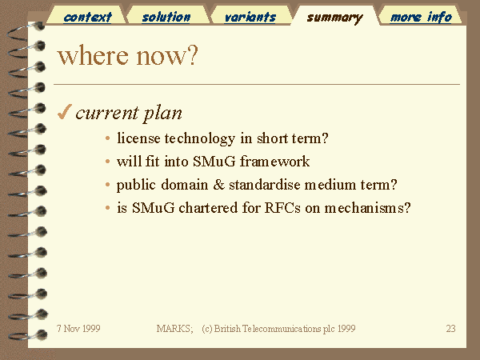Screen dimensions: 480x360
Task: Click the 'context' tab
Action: pyautogui.click(x=87, y=17)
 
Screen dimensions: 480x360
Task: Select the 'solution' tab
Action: pyautogui.click(x=166, y=17)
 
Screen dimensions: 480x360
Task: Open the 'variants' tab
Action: pyautogui.click(x=250, y=17)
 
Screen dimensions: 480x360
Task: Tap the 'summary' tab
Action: pyautogui.click(x=335, y=18)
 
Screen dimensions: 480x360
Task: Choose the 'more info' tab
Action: pyautogui.click(x=421, y=17)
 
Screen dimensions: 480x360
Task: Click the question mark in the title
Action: pyautogui.click(x=193, y=55)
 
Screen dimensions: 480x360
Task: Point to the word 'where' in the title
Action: pyautogui.click(x=93, y=55)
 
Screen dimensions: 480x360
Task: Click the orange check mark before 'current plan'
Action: pyautogui.click(x=64, y=111)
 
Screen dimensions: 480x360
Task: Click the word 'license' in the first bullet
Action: pyautogui.click(x=138, y=138)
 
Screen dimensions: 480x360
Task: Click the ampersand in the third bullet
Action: pyautogui.click(x=218, y=185)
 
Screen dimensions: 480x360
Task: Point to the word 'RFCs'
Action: pyautogui.click(x=282, y=208)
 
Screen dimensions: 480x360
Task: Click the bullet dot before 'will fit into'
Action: pyautogui.click(x=107, y=162)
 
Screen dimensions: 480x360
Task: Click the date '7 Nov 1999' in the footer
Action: pyautogui.click(x=78, y=329)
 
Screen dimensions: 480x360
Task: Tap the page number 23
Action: pyautogui.click(x=450, y=329)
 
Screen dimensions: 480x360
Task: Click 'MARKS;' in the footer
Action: pyautogui.click(x=174, y=329)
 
